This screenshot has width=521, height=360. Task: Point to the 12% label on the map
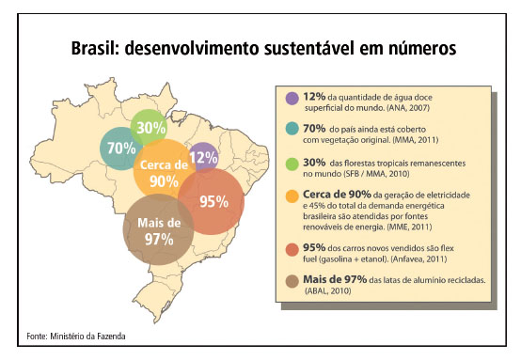[203, 157]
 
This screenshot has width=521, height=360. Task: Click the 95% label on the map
[214, 201]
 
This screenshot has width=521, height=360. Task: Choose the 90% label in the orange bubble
[165, 180]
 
